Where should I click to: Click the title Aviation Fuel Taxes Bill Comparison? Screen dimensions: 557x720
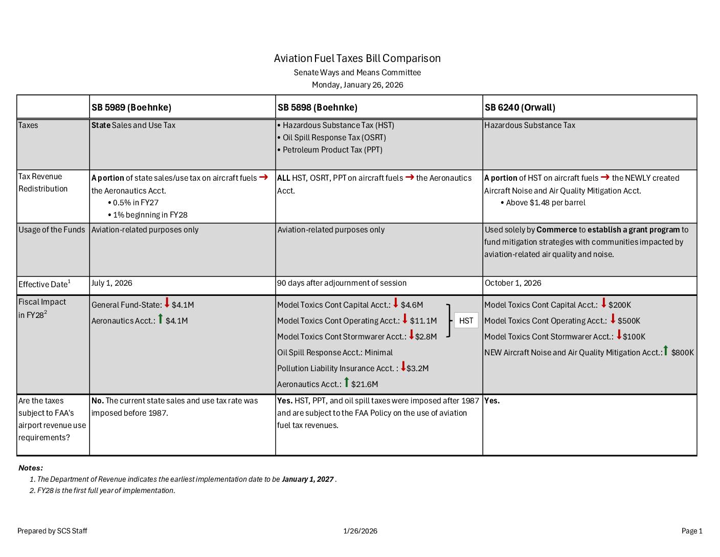357,58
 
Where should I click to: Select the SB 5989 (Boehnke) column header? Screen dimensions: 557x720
131,108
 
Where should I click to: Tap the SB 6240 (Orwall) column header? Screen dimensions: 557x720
520,108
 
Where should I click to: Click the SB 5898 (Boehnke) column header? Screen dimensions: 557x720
318,108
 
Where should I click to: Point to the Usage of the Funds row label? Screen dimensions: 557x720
52,230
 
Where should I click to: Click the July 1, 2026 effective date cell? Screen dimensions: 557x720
112,283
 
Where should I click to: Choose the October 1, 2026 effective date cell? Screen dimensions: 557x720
513,283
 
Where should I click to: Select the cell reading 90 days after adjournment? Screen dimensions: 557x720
342,283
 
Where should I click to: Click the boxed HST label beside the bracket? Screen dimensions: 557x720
466,321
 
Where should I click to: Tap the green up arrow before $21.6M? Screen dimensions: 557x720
346,382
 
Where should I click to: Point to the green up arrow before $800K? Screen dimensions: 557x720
666,351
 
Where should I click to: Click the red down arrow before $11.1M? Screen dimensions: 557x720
405,319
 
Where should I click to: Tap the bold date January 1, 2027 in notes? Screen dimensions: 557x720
307,480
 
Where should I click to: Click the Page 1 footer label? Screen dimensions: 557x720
692,531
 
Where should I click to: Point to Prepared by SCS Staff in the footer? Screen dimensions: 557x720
52,531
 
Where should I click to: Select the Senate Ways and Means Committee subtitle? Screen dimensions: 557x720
357,73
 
